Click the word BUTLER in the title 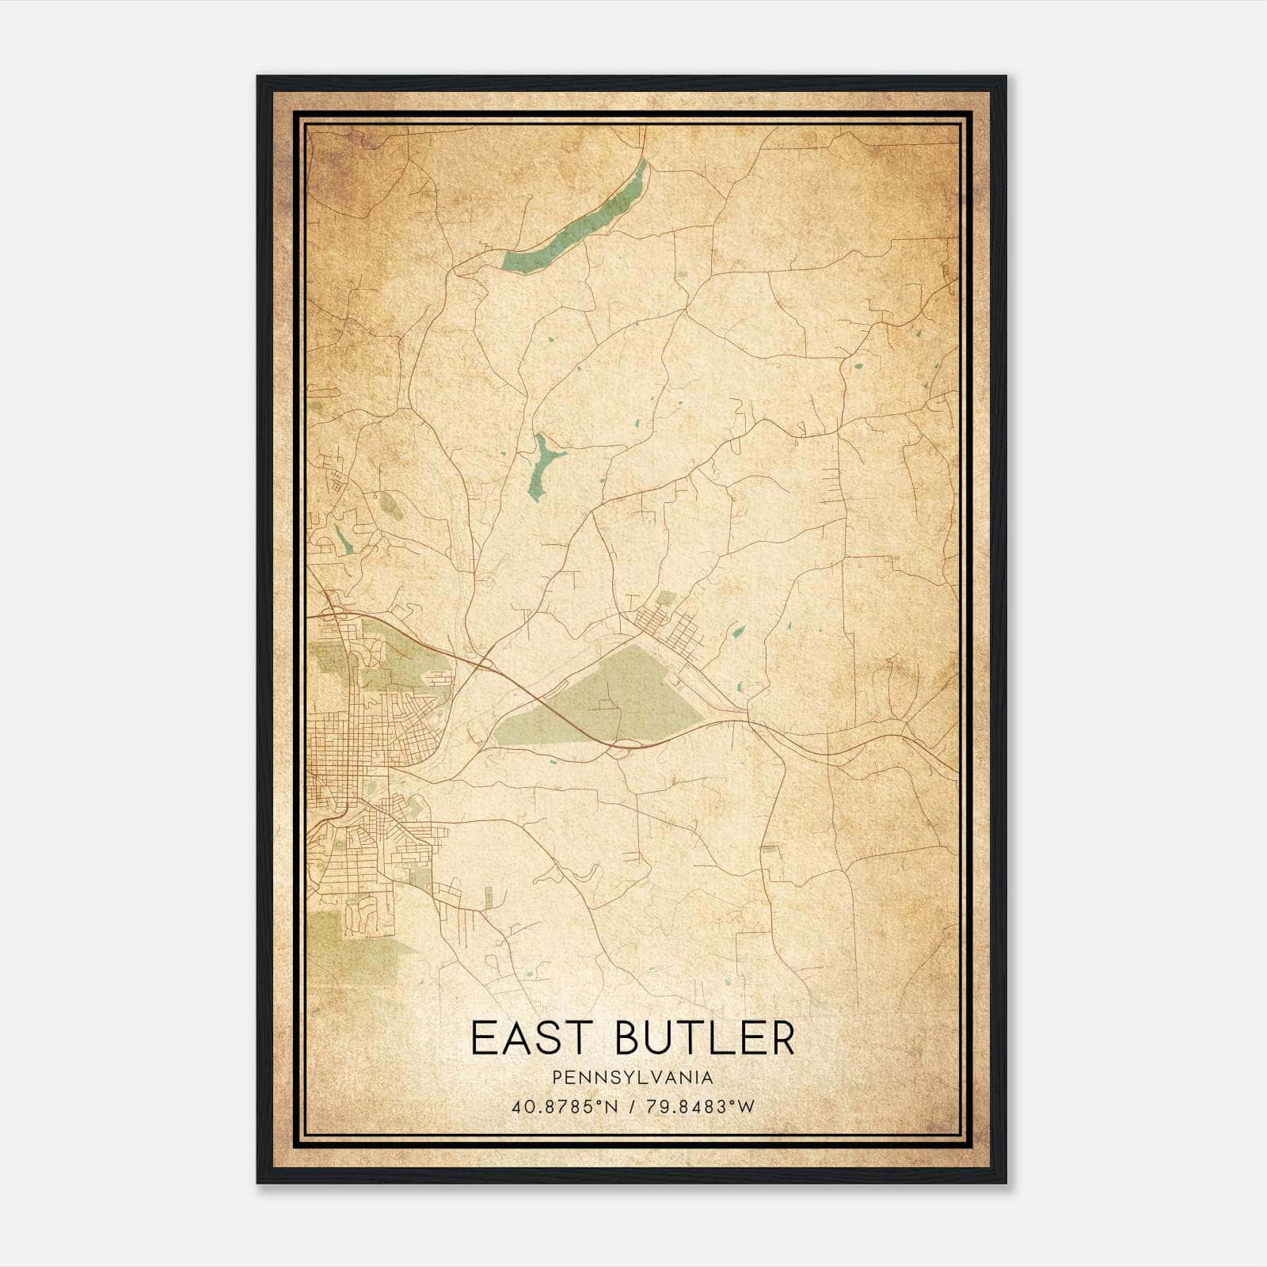pos(704,1039)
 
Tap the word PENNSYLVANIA pos(633,1077)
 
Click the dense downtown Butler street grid pos(348,736)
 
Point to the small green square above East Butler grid pos(667,598)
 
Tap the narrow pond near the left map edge pos(342,538)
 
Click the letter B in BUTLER pos(629,1039)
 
